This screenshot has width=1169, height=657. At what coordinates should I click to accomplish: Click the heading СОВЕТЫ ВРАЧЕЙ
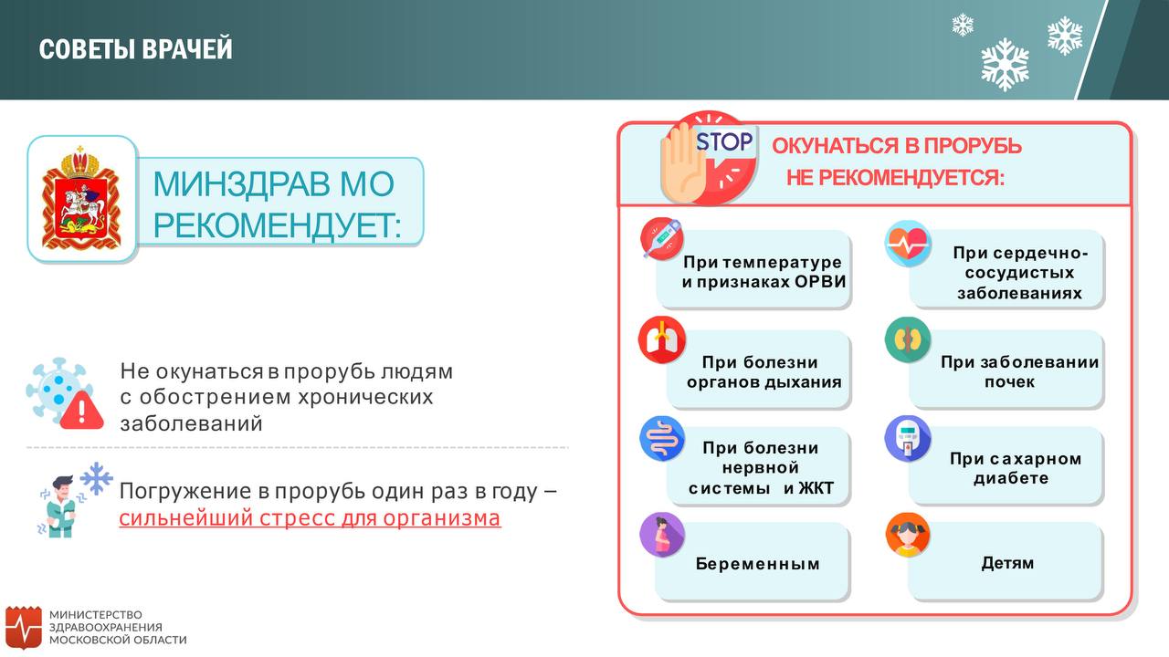click(136, 49)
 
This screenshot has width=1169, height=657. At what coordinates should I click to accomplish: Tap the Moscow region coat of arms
click(81, 198)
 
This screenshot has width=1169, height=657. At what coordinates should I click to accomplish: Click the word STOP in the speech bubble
click(725, 141)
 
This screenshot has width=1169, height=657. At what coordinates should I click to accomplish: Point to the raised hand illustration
click(682, 162)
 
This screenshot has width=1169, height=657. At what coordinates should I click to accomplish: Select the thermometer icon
click(662, 239)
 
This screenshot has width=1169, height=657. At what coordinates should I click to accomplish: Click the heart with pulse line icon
click(908, 243)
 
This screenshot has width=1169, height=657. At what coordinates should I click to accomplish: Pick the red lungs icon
click(662, 339)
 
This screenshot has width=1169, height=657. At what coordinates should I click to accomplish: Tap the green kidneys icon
click(908, 339)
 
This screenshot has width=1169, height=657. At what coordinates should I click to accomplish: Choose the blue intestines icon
click(662, 438)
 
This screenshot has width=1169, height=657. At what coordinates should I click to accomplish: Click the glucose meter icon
click(908, 439)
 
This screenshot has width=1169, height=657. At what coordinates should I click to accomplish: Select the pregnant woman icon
click(662, 535)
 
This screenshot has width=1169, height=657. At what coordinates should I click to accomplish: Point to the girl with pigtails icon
click(908, 535)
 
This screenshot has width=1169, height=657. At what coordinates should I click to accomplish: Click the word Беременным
click(757, 564)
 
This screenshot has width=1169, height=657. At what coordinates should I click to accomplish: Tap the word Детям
click(1007, 563)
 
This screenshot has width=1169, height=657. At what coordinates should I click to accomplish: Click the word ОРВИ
click(820, 282)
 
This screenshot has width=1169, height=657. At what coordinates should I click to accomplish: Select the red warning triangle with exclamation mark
click(82, 411)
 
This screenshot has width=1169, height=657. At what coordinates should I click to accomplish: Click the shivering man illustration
click(61, 506)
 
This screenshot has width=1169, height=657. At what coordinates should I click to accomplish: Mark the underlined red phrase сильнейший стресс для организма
click(310, 518)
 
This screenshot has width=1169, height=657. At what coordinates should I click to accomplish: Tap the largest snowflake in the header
click(1005, 64)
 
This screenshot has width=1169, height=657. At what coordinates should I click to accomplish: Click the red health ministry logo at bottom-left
click(24, 627)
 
